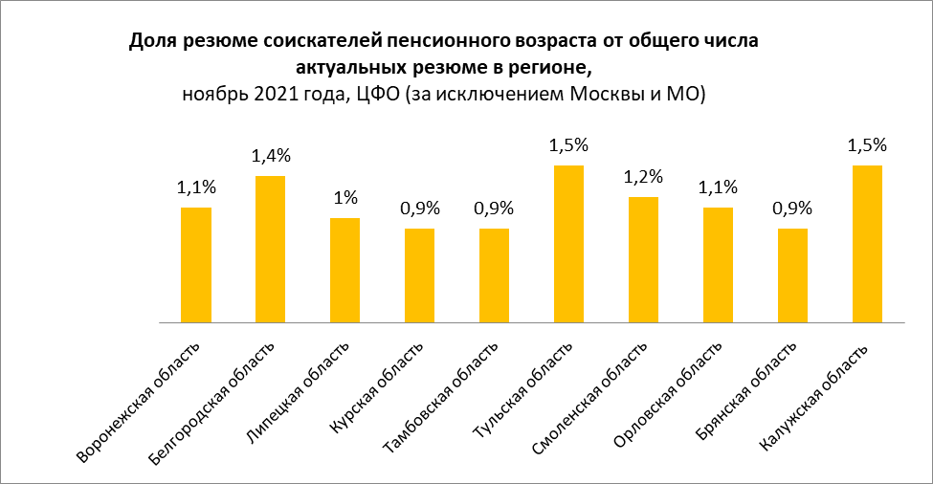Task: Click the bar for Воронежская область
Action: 196,265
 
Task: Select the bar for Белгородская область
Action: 271,249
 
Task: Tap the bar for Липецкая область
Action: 345,271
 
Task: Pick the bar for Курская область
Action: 420,275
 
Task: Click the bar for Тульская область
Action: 569,244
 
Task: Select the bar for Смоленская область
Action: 644,260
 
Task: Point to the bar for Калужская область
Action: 867,244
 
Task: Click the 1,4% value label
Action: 271,156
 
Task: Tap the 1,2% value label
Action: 644,177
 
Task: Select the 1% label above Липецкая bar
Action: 345,198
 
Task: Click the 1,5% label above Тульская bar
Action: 569,145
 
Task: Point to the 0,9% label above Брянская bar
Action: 792,209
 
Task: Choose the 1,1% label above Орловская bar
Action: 718,187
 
